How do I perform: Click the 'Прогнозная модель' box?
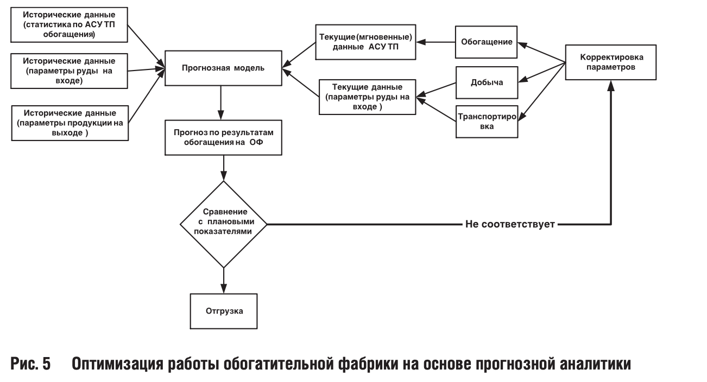tap(223, 68)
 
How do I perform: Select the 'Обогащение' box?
tap(486, 41)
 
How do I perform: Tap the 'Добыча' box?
tap(486, 82)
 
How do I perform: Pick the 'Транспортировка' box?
tap(486, 121)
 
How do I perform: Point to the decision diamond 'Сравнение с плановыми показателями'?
tap(223, 224)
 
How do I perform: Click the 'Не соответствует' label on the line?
tap(509, 224)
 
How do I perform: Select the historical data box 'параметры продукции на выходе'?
tap(69, 123)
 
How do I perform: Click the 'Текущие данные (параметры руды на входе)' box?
tap(367, 97)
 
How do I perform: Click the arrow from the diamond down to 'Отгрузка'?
tap(223, 281)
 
